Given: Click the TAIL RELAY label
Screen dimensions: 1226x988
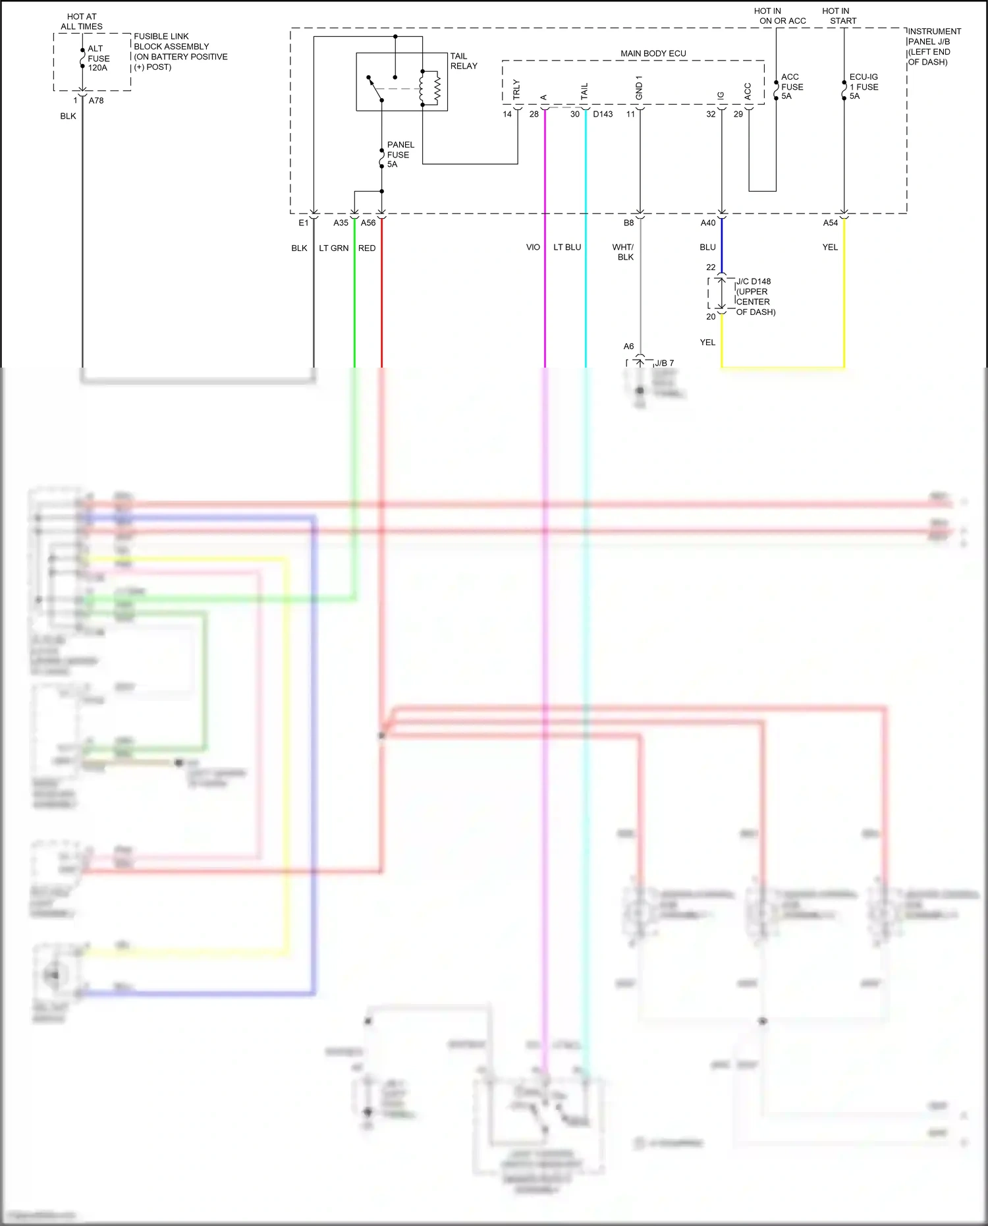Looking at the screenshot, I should point(464,61).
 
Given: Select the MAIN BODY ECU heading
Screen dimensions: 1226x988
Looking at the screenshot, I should point(653,53).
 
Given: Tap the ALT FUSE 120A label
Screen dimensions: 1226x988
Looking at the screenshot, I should point(98,58).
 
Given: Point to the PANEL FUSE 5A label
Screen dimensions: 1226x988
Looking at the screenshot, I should point(400,154).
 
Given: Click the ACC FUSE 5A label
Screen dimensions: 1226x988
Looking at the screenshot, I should point(792,86).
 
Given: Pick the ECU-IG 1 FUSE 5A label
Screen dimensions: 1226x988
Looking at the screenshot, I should point(864,86).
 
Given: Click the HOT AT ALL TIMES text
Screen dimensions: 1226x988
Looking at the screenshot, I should point(82,22).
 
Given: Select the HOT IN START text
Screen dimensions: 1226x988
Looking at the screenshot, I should point(837,16).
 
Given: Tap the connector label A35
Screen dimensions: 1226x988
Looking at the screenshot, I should point(341,223).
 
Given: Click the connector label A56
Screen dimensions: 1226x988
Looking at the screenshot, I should point(368,223).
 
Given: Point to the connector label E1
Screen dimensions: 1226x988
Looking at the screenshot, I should point(303,223).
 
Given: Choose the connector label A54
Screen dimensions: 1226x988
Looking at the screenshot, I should point(831,223).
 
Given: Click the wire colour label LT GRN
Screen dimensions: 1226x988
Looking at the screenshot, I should point(333,248).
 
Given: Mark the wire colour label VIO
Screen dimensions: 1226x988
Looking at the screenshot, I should point(533,247).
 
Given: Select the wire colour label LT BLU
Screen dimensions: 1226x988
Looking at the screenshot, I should point(567,247).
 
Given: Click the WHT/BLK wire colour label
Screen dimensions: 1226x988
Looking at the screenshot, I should point(623,252).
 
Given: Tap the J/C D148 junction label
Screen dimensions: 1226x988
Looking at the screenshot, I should point(754,281).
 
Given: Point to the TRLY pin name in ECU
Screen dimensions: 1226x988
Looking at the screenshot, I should point(516,90).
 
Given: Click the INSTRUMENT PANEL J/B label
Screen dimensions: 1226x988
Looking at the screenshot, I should point(934,36).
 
